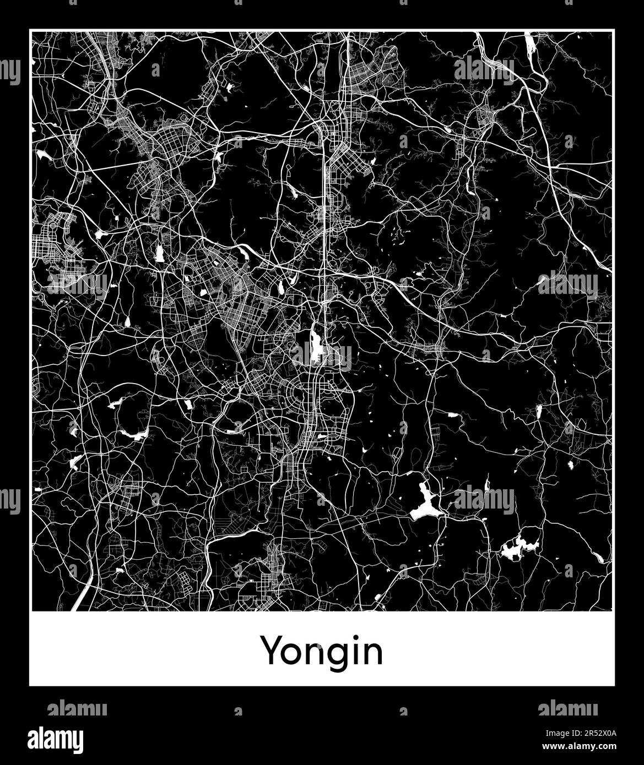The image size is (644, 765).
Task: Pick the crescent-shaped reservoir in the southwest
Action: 133,434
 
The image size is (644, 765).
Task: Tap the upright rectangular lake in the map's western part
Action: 160,253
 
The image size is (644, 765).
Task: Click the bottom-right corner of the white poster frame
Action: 614,685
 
